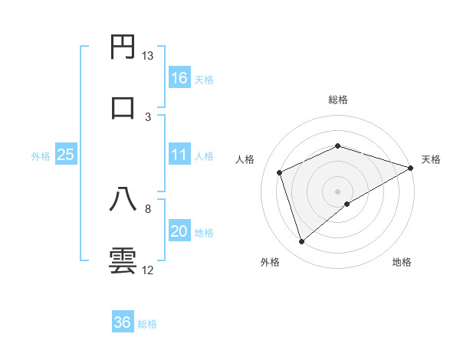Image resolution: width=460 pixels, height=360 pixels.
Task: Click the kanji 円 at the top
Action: click(x=123, y=47)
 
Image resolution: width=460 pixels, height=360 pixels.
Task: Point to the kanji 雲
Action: click(x=123, y=260)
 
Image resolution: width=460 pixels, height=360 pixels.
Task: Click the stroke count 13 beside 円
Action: click(x=148, y=56)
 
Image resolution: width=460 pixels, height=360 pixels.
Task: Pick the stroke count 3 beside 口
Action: click(x=148, y=116)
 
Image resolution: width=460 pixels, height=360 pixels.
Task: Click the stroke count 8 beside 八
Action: click(x=148, y=208)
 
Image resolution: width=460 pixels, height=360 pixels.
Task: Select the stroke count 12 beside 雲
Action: click(x=148, y=270)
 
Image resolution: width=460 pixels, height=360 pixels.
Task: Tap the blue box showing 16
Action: click(x=179, y=78)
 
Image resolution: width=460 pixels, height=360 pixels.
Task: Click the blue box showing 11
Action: click(x=179, y=155)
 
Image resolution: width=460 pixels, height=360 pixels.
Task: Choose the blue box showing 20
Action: click(x=179, y=232)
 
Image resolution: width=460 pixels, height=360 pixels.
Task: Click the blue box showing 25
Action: click(x=65, y=155)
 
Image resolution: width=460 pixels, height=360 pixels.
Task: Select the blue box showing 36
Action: click(x=123, y=322)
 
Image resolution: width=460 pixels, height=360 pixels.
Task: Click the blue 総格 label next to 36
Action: click(x=147, y=324)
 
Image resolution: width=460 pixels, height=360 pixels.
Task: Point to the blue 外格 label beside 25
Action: click(x=41, y=156)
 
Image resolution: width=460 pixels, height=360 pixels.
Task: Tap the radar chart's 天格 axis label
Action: click(x=431, y=159)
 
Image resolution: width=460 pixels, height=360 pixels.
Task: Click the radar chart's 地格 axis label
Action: click(x=402, y=262)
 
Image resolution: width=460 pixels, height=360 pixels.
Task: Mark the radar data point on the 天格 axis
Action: click(x=412, y=166)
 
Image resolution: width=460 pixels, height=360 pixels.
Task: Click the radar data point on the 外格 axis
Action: click(x=301, y=242)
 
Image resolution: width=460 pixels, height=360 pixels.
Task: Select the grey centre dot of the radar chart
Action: click(x=337, y=191)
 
